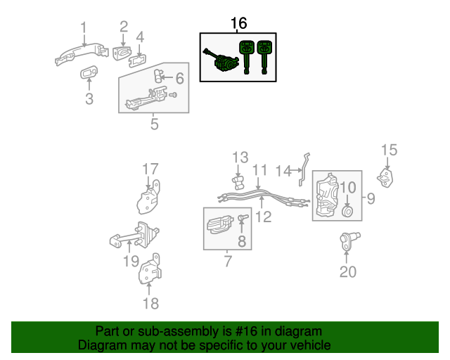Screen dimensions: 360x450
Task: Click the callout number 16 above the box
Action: (239, 23)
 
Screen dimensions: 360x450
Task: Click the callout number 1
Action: (84, 27)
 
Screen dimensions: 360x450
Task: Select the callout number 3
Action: (89, 99)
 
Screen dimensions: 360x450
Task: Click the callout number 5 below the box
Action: (154, 125)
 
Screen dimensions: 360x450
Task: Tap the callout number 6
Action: (179, 78)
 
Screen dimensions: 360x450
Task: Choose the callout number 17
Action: (150, 169)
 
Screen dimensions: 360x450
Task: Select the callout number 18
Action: (150, 304)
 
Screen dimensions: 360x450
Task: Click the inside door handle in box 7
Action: (219, 226)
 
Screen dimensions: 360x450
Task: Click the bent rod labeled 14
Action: (304, 169)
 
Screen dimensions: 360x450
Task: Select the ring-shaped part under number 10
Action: (347, 211)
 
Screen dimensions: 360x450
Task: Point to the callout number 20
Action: (348, 271)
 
